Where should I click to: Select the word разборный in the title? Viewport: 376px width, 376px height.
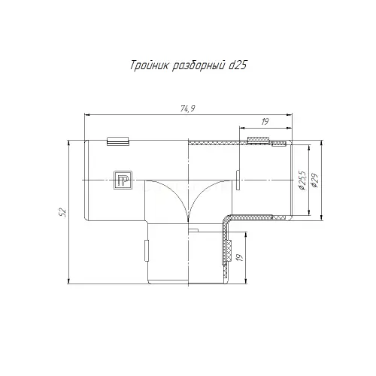click(198, 66)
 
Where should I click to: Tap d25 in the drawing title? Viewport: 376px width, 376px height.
click(238, 65)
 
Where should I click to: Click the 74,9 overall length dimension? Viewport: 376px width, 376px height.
click(188, 109)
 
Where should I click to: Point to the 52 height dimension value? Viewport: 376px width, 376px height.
click(63, 212)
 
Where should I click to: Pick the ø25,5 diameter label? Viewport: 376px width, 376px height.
click(302, 180)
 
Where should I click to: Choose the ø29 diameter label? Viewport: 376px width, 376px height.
click(314, 180)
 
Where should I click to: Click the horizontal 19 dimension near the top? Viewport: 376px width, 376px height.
click(265, 122)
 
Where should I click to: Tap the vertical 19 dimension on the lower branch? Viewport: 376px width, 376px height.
click(240, 257)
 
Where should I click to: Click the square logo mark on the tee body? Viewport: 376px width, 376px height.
click(123, 180)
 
